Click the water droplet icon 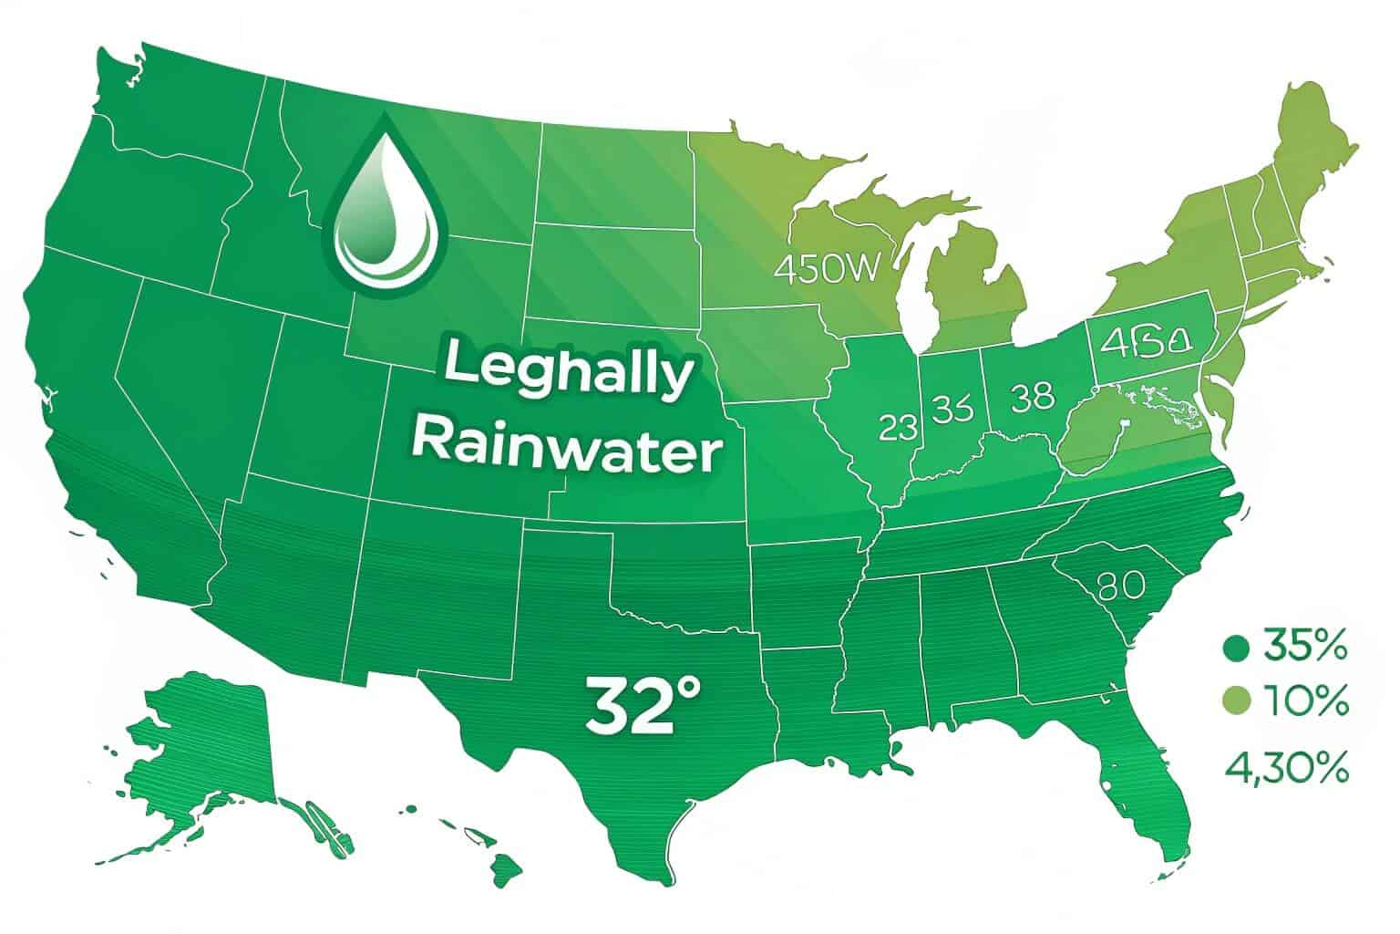coord(384,212)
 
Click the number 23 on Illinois coord(898,427)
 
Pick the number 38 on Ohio coord(1032,397)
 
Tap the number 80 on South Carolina coord(1122,585)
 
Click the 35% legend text coord(1305,649)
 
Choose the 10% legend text coord(1305,702)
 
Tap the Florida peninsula coord(1153,784)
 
